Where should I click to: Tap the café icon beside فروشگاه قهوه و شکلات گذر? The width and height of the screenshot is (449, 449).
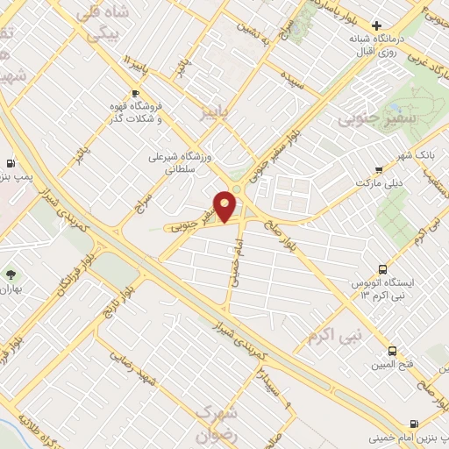pyautogui.click(x=135, y=93)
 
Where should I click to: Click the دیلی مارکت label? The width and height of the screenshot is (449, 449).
pyautogui.click(x=377, y=183)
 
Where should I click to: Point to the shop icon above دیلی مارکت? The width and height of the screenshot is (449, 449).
pyautogui.click(x=378, y=170)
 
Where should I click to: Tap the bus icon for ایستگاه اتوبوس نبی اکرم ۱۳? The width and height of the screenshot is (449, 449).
pyautogui.click(x=381, y=268)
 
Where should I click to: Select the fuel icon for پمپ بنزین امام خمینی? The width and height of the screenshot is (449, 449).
pyautogui.click(x=443, y=418)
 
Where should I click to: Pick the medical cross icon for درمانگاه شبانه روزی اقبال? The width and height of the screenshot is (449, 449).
pyautogui.click(x=376, y=26)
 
